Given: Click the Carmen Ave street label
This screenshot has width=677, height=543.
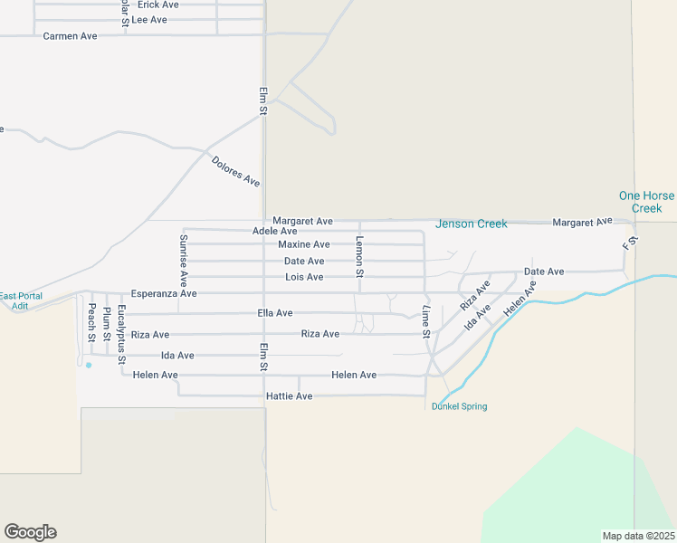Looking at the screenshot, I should [x=70, y=36].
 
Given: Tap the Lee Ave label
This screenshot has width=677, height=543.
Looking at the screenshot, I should [x=149, y=19].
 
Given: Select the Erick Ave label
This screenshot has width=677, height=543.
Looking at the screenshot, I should [x=157, y=5].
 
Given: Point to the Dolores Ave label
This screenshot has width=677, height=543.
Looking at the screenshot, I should [x=235, y=172].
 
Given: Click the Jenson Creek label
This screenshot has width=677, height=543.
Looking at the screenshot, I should [x=471, y=224].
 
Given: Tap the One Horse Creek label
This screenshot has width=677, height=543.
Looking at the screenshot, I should [x=646, y=202].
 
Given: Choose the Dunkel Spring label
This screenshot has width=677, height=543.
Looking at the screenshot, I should [x=459, y=406].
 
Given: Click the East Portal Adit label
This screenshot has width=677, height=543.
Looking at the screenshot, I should [x=20, y=301].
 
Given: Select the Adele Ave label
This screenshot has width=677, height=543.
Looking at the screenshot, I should [x=275, y=232].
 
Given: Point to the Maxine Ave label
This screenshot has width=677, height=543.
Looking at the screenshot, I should [x=304, y=244].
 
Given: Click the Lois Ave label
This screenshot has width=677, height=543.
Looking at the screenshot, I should [x=304, y=277].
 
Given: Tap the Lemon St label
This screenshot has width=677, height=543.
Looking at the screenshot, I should [x=359, y=256].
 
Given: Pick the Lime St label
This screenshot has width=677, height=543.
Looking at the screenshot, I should [x=425, y=321].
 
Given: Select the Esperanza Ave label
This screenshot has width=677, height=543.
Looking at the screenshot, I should [x=164, y=293].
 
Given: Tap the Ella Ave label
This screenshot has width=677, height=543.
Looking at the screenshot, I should [x=275, y=313].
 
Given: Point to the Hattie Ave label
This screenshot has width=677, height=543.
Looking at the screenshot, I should [x=289, y=396].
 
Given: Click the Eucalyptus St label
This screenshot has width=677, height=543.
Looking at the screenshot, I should [x=121, y=329].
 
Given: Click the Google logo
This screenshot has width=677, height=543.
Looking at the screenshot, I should [x=30, y=532].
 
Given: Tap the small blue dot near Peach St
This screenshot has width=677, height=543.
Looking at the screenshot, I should [x=89, y=365].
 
